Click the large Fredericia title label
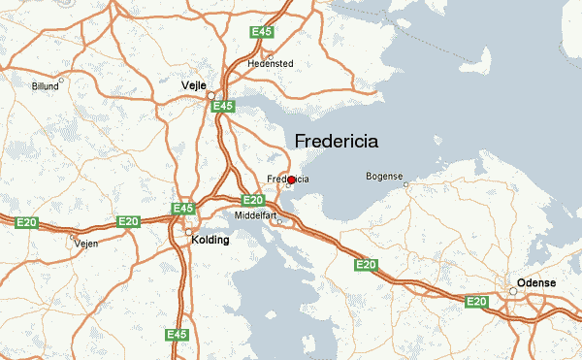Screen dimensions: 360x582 point(336,141)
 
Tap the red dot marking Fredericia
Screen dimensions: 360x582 point(291,180)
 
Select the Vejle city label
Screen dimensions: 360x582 point(195,85)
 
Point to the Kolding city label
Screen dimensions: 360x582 point(211,239)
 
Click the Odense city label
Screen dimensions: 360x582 point(536,281)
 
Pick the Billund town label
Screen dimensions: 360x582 point(45,85)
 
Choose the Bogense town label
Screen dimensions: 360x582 point(384,176)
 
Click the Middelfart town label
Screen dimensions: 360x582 point(256,214)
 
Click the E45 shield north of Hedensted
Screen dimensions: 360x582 point(261,32)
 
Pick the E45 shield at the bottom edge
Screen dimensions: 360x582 point(177,335)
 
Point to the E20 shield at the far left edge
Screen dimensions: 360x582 point(26,222)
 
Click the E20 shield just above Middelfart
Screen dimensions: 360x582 point(253,200)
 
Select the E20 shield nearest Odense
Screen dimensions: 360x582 point(476,302)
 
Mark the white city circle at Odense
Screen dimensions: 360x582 point(513,290)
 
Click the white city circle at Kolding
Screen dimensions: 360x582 point(188,232)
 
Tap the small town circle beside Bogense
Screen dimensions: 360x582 point(406,183)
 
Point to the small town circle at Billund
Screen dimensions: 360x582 point(62,80)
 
